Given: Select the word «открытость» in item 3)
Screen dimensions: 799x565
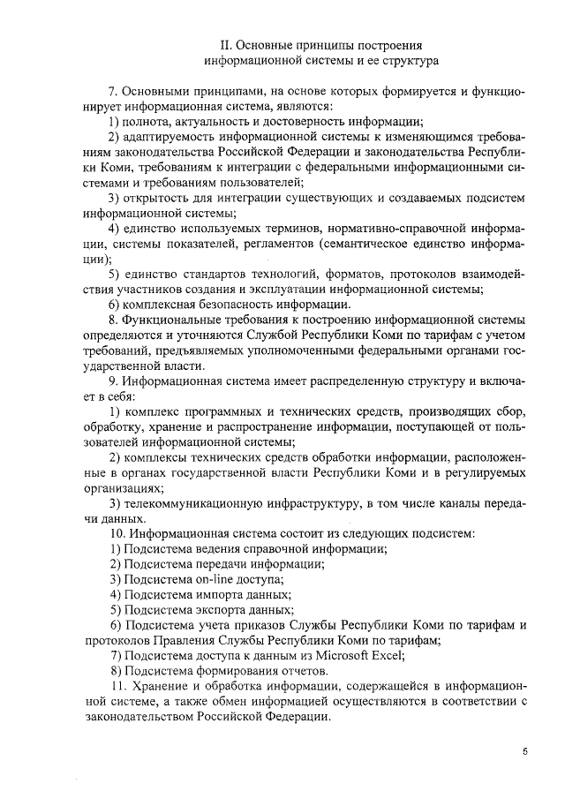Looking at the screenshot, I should (158, 196).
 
